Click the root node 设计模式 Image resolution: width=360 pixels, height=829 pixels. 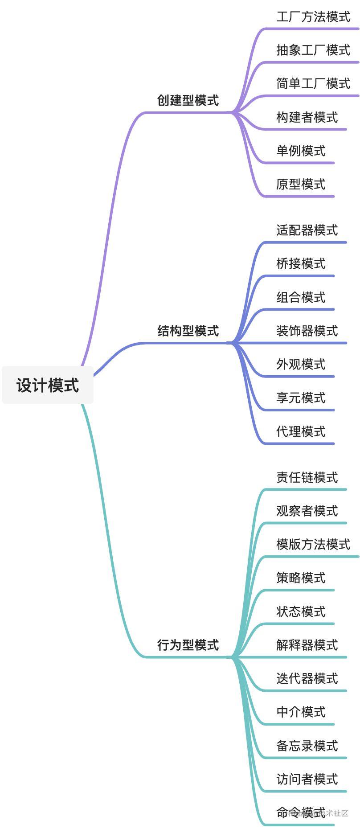tap(48, 385)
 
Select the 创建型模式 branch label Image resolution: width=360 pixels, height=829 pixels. tap(188, 100)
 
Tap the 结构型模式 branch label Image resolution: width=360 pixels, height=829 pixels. tap(188, 331)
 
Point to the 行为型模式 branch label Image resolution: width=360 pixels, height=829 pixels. tap(188, 644)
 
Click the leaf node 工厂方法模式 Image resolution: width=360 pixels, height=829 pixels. tap(313, 17)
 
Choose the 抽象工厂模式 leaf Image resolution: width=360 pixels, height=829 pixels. tap(313, 50)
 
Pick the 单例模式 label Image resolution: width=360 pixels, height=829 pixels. tap(301, 151)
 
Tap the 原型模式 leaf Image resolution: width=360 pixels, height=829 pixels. tap(301, 184)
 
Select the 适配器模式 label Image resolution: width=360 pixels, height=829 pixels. tap(307, 230)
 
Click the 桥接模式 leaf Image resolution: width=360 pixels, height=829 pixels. tap(301, 264)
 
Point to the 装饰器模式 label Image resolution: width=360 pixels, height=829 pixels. tap(307, 331)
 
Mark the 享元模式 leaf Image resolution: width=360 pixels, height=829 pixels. tap(301, 398)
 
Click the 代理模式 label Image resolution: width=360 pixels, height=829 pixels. tap(301, 431)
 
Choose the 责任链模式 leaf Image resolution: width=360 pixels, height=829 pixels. tap(307, 477)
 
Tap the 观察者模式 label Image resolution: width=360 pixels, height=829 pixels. tap(307, 511)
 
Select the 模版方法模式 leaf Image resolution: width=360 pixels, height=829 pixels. tap(313, 544)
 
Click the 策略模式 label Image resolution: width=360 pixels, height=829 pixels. tap(301, 578)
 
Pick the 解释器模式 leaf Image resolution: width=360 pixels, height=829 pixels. tap(307, 645)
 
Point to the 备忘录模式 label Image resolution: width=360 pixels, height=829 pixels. tap(307, 745)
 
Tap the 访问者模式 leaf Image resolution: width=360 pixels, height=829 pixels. tap(307, 779)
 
